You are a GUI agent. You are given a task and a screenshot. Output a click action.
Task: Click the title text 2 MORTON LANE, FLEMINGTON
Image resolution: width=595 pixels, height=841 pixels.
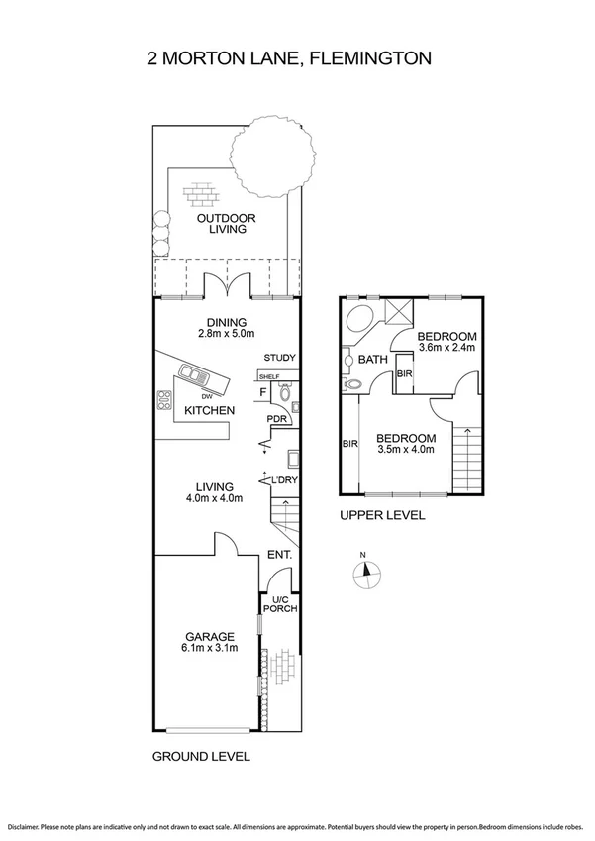click(288, 58)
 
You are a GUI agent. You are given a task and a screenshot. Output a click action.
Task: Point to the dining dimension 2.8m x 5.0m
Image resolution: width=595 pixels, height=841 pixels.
click(227, 334)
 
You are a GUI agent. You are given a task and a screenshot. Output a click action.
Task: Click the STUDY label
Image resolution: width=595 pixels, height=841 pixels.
click(280, 358)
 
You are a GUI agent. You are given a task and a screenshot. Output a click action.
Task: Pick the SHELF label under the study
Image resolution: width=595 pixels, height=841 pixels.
click(268, 377)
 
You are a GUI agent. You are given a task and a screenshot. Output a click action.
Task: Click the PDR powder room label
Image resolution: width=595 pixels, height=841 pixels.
click(277, 420)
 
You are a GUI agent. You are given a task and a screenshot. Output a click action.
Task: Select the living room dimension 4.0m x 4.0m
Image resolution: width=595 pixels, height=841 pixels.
click(213, 499)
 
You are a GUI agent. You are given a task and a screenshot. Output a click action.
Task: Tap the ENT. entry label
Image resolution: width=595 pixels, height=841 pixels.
click(280, 555)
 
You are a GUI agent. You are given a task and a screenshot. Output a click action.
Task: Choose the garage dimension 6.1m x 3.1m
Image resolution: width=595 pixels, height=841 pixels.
click(206, 649)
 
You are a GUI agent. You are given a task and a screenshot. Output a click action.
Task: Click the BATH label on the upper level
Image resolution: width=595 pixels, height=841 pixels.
click(372, 360)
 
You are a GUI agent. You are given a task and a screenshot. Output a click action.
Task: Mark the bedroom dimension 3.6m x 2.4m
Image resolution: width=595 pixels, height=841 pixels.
click(447, 348)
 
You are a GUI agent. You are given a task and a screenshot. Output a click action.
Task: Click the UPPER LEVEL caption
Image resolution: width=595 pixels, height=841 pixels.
click(382, 515)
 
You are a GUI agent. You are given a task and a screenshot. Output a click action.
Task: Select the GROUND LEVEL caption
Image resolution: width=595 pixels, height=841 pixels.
click(201, 756)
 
